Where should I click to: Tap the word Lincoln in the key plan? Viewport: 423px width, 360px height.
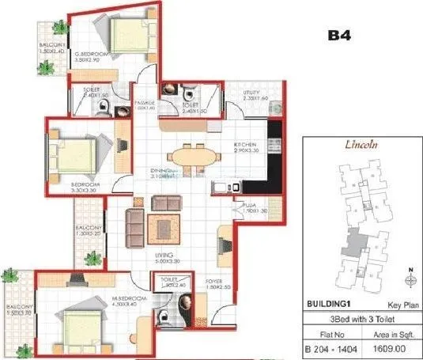363,146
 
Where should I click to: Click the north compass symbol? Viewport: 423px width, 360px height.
409,279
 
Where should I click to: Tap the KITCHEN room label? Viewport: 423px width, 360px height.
244,146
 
